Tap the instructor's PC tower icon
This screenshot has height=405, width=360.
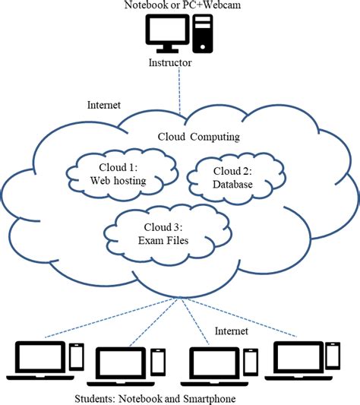click(201, 33)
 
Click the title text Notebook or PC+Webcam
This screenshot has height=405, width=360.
click(180, 6)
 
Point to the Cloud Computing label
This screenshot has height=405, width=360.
click(198, 137)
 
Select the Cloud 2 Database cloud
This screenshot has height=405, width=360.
click(229, 177)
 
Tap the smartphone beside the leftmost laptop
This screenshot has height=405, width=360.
click(77, 356)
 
